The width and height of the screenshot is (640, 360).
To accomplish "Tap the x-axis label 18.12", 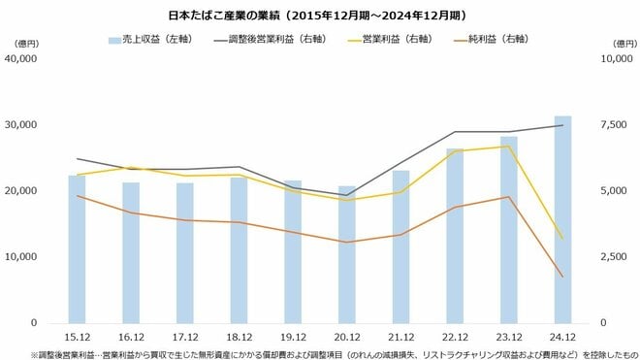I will click(240, 336).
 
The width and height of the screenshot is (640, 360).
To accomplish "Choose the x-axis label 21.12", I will click(401, 336).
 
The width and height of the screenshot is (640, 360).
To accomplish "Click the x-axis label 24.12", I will click(562, 336).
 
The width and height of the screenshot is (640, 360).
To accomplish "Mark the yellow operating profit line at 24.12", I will click(562, 238).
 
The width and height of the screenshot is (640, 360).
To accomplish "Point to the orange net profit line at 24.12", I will click(562, 277).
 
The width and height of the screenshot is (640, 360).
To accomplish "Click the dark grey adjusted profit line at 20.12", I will click(347, 195).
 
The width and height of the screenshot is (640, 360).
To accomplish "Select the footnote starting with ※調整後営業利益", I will click(320, 353).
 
